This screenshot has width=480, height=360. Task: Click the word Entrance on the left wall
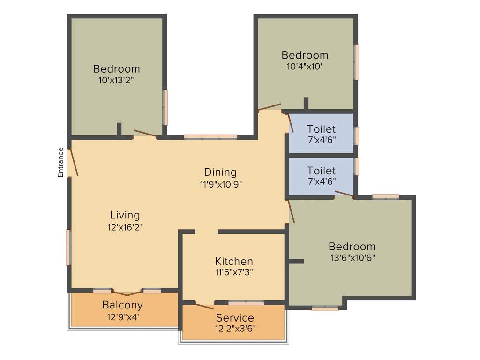pyautogui.click(x=60, y=162)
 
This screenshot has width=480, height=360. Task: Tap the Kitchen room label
pyautogui.click(x=234, y=261)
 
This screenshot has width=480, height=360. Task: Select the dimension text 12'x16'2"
pyautogui.click(x=125, y=227)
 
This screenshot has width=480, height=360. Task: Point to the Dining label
pyautogui.click(x=220, y=172)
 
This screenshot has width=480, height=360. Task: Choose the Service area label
pyautogui.click(x=235, y=317)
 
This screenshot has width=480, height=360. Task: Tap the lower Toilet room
pyautogui.click(x=321, y=175)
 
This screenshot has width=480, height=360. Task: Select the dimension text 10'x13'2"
pyautogui.click(x=116, y=80)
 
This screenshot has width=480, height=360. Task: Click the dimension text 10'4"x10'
pyautogui.click(x=305, y=67)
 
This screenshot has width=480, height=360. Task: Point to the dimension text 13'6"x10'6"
pyautogui.click(x=352, y=257)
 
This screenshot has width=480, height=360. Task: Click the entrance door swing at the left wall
pyautogui.click(x=73, y=162)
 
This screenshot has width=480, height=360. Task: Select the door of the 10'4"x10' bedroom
pyautogui.click(x=270, y=107)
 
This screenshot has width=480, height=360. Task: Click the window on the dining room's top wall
pyautogui.click(x=210, y=137)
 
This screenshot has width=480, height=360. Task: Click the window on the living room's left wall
pyautogui.click(x=69, y=247)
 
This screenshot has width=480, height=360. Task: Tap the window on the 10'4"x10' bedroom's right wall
pyautogui.click(x=356, y=62)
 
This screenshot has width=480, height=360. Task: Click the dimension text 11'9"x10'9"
pyautogui.click(x=220, y=184)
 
